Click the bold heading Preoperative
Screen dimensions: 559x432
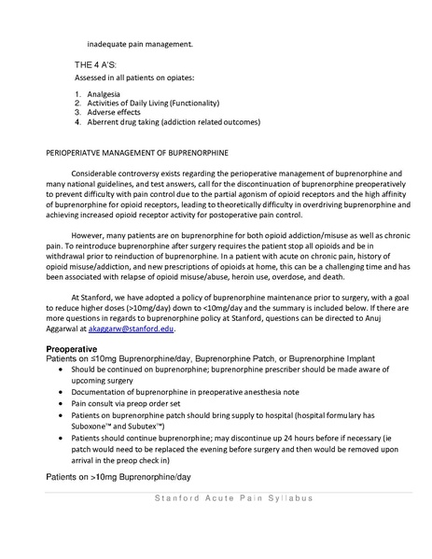pyautogui.click(x=74, y=348)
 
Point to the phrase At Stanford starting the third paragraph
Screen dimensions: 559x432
pyautogui.click(x=94, y=292)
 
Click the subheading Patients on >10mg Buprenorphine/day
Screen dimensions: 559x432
pyautogui.click(x=118, y=476)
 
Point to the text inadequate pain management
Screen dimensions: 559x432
pyautogui.click(x=140, y=43)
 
